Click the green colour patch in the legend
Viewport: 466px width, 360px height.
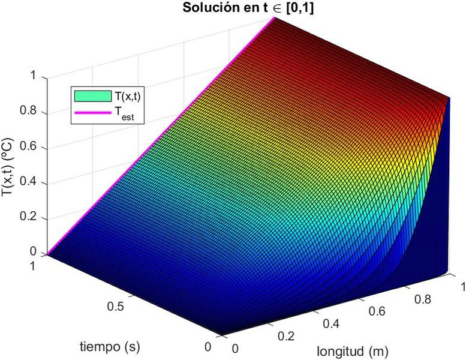click(x=93, y=95)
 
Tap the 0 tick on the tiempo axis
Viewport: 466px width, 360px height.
click(x=208, y=347)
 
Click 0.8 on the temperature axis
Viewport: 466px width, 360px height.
click(x=28, y=112)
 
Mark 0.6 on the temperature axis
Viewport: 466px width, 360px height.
click(x=28, y=147)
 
